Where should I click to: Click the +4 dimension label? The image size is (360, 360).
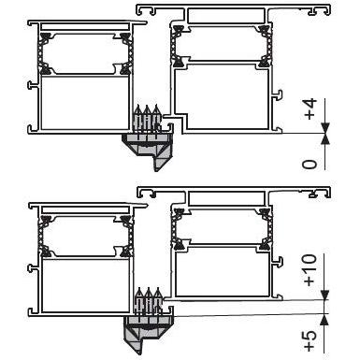310,109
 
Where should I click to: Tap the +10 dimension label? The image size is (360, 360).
310,269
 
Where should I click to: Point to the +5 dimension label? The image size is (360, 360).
310,340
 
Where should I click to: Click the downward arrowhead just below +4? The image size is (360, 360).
325,128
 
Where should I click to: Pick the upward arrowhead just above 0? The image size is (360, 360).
325,138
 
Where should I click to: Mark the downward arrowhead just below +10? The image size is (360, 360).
325,295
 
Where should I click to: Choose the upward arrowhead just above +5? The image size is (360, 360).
325,319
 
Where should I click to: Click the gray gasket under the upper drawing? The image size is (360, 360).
150,149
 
